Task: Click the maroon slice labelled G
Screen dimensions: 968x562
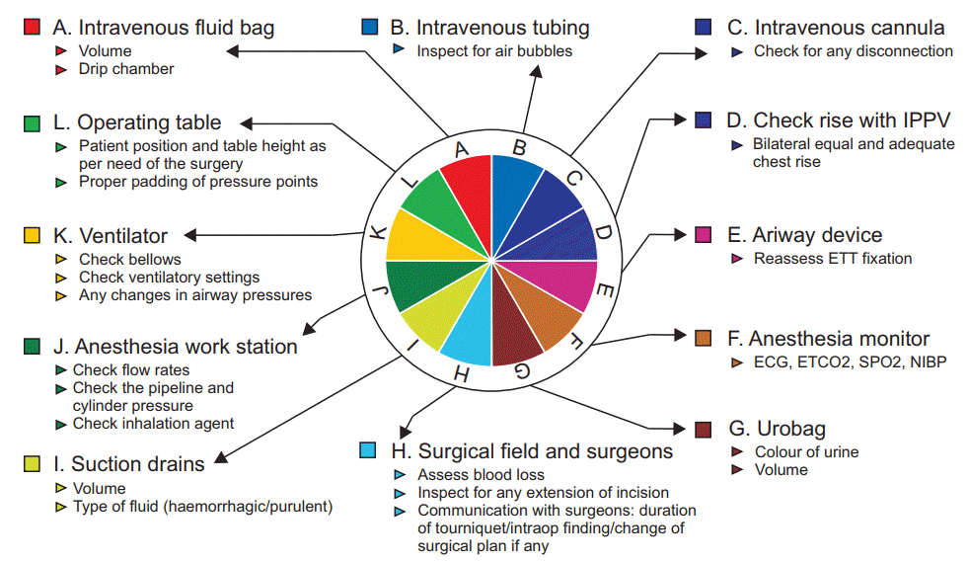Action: (x=514, y=328)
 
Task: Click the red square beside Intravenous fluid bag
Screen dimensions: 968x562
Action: (x=32, y=27)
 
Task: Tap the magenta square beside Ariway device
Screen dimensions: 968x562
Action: (x=704, y=234)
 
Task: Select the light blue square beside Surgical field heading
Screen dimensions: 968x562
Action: (x=368, y=450)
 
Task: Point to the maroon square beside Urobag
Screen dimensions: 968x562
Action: (x=704, y=429)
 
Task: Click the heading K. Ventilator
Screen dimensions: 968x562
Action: (x=111, y=235)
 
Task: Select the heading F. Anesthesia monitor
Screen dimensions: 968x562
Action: (x=829, y=339)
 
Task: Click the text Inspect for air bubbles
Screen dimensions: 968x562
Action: (x=494, y=51)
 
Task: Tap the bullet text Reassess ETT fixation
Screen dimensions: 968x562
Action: (x=833, y=259)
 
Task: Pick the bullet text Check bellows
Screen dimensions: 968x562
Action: (x=130, y=259)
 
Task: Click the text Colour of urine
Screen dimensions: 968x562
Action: (x=807, y=452)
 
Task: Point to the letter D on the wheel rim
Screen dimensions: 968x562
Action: (x=603, y=233)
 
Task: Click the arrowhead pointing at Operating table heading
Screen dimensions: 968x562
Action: (x=247, y=123)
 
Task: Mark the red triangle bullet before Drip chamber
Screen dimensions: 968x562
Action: (x=60, y=70)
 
